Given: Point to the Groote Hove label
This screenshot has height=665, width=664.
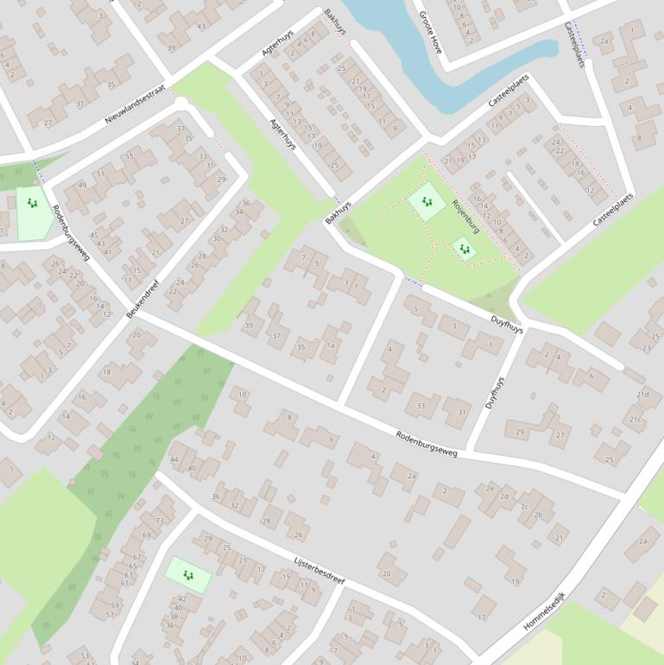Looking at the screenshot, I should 429,33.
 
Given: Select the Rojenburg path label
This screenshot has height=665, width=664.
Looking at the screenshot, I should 465,215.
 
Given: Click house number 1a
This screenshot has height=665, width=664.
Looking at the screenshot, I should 330,345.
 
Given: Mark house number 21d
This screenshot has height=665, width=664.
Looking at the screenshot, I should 642,395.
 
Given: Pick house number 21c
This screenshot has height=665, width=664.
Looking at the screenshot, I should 636,420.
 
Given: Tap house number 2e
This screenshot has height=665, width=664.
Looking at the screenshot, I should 490,489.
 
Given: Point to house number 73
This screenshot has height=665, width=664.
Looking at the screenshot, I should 159,521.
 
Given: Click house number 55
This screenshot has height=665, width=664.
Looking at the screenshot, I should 130,156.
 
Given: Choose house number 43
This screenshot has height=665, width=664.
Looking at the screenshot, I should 201,27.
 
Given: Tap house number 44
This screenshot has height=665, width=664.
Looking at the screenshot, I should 174,459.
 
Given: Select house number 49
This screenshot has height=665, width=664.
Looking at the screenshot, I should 82,186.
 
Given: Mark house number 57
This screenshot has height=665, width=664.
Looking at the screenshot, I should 110,615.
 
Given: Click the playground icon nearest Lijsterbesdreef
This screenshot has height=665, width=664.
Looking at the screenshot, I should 187,574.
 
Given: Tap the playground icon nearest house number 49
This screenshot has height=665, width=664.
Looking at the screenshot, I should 33,204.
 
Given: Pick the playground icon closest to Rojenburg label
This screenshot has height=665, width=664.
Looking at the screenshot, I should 465,249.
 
